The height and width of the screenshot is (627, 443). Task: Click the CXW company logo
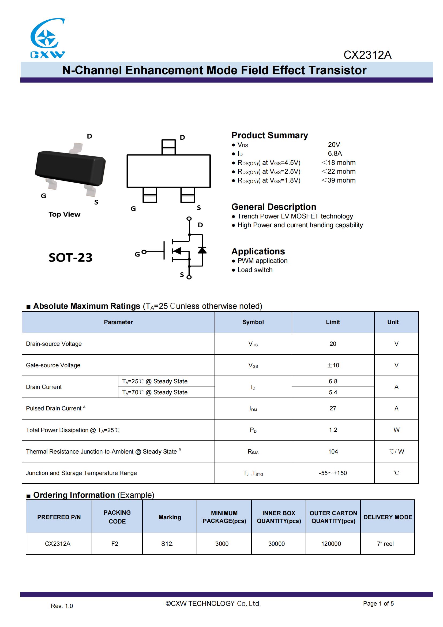[47, 38]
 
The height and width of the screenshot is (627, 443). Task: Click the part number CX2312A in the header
[367, 55]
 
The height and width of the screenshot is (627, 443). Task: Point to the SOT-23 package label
[70, 258]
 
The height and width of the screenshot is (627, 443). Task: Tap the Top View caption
[64, 214]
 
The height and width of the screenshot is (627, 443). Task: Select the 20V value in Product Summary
[334, 144]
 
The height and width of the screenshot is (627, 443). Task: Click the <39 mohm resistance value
[338, 180]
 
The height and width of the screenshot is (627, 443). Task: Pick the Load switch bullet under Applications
[255, 270]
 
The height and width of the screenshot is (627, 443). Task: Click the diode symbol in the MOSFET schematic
[202, 250]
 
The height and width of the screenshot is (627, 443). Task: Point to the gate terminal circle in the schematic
[144, 251]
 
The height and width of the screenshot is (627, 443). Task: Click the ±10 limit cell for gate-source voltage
[333, 365]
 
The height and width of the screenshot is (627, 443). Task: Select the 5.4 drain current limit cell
[333, 392]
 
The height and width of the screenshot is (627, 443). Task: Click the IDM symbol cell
[253, 409]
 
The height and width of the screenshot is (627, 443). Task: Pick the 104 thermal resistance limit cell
[333, 451]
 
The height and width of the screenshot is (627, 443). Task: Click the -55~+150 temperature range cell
[333, 473]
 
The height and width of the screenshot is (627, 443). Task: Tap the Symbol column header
[253, 322]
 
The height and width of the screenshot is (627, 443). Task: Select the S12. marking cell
[167, 544]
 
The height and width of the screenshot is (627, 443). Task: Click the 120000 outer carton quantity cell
[331, 544]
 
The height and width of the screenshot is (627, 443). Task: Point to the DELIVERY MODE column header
[388, 517]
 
